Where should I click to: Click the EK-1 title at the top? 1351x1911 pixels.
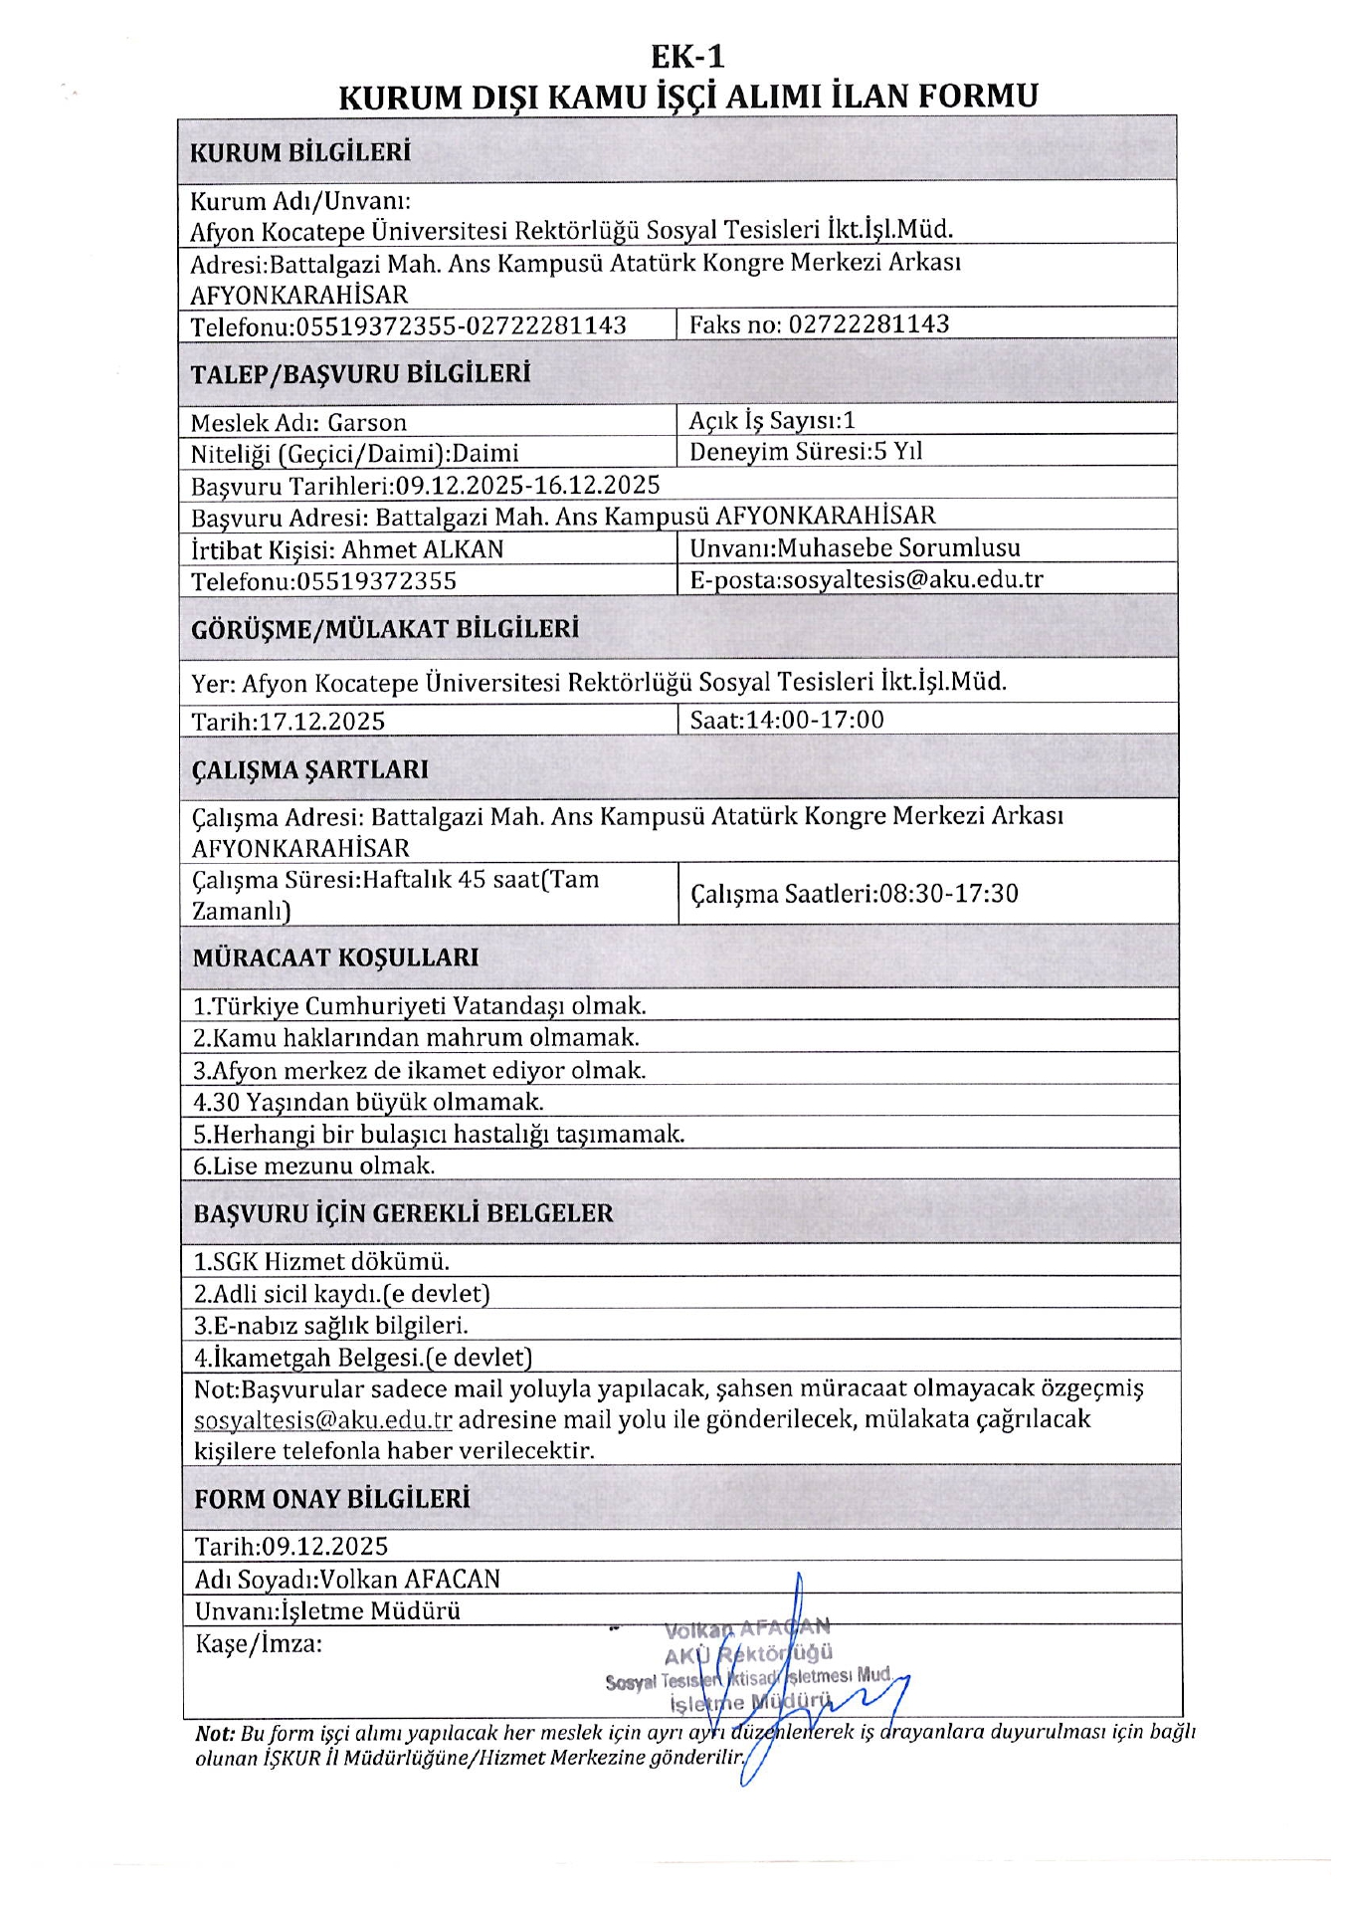pos(687,57)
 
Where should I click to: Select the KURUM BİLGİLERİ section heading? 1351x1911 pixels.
pos(299,152)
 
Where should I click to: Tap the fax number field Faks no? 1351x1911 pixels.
pos(819,324)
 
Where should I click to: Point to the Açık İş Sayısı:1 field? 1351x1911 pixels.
pos(772,421)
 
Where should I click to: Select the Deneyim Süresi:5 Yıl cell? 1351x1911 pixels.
pos(806,452)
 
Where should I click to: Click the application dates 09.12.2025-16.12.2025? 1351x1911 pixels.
pos(527,485)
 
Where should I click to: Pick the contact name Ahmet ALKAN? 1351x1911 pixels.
pos(423,549)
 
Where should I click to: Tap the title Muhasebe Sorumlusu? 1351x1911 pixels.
pos(898,547)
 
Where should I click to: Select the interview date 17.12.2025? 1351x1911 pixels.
pos(321,722)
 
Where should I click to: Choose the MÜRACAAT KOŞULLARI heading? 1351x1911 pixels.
pos(335,957)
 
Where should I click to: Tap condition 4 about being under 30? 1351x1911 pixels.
pos(368,1102)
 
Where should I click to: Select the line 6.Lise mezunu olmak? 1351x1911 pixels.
pos(313,1166)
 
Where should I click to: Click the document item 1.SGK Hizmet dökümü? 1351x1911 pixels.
pos(321,1262)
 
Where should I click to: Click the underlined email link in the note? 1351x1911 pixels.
pos(323,1420)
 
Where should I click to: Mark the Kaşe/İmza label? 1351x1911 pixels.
pos(259,1643)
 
